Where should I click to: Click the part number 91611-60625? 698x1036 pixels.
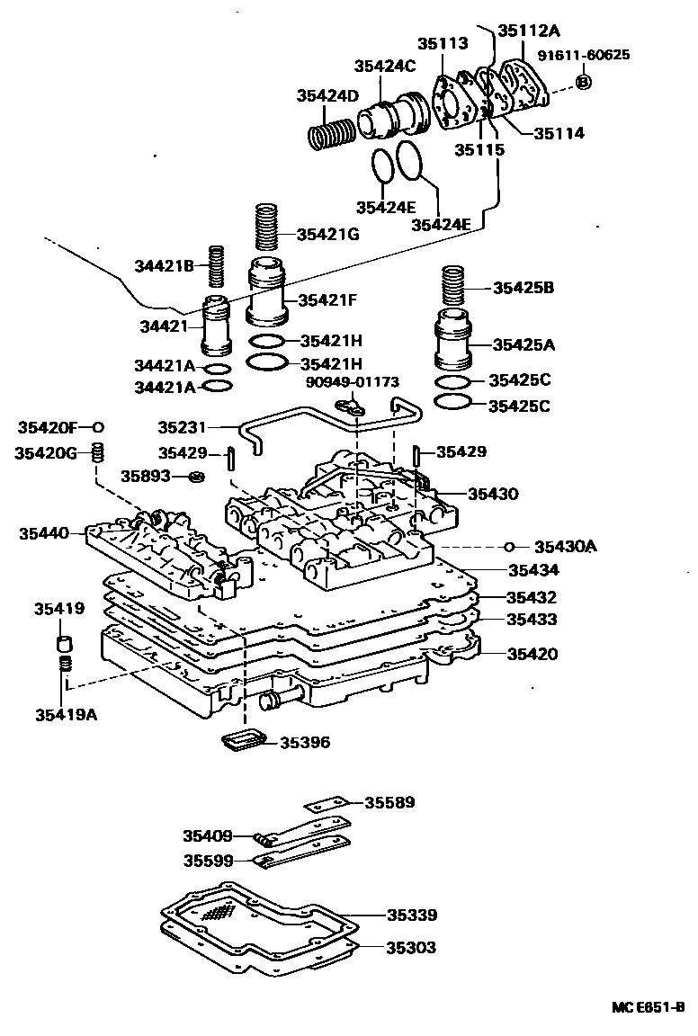[x=584, y=55]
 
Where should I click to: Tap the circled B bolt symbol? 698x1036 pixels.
[x=583, y=82]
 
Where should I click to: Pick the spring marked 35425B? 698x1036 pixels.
[x=458, y=288]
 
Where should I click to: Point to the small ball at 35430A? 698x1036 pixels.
[x=509, y=546]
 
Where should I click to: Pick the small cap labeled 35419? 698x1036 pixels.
[x=64, y=644]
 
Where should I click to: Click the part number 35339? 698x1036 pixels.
[x=412, y=915]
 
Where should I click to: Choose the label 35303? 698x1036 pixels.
[x=412, y=947]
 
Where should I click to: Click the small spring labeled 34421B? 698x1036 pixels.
[x=216, y=268]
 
